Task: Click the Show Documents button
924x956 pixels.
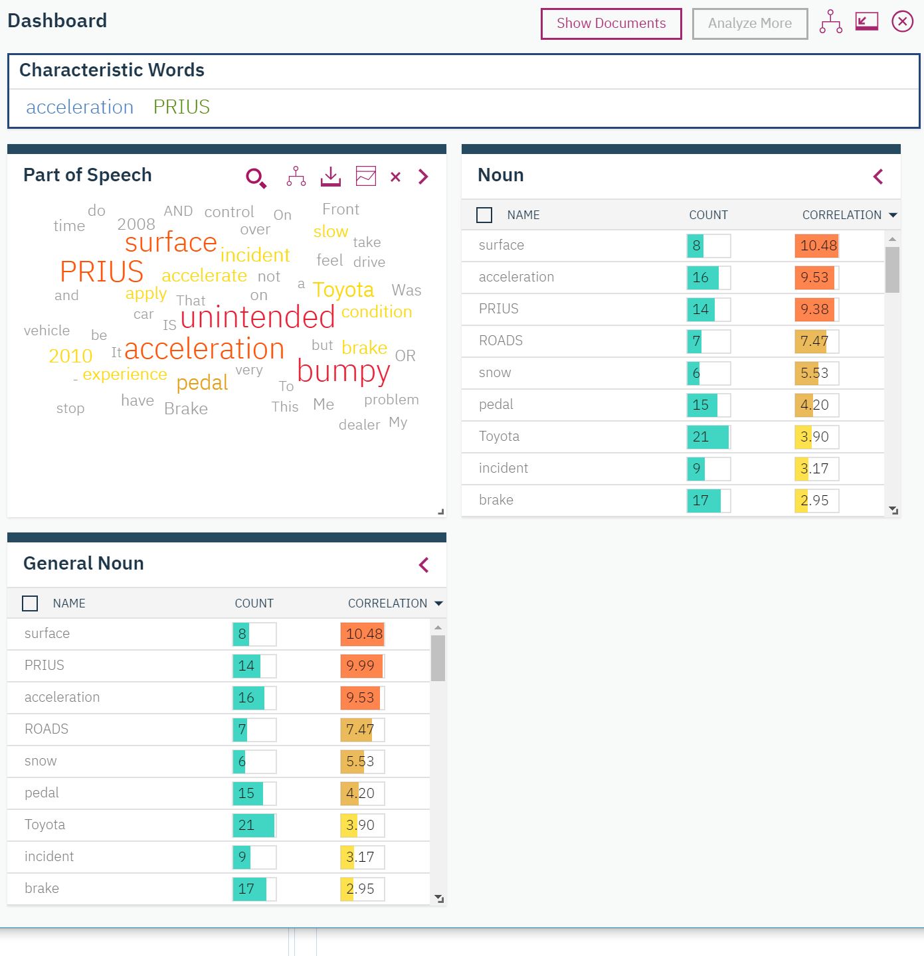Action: (610, 24)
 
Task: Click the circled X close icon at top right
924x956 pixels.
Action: (901, 22)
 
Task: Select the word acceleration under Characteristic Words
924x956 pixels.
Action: (80, 107)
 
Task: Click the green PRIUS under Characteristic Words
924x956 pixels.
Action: (181, 107)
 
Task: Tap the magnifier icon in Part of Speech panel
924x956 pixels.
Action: (256, 177)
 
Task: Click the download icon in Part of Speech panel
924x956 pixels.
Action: (330, 177)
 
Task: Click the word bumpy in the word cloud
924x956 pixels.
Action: (343, 371)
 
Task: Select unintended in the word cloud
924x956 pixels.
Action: (258, 317)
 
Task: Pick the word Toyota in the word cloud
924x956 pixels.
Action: (343, 290)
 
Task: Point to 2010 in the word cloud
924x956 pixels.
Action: (70, 356)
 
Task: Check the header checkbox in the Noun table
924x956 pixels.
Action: (484, 215)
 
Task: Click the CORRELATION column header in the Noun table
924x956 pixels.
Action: (842, 215)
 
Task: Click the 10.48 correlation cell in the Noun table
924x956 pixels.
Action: (818, 246)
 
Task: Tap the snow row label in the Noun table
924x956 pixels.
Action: (495, 372)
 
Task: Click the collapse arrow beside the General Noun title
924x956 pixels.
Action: (424, 565)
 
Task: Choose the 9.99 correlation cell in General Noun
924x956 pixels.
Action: (361, 666)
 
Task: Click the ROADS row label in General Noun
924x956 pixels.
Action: (46, 729)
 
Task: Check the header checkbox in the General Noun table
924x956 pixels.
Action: (30, 603)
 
